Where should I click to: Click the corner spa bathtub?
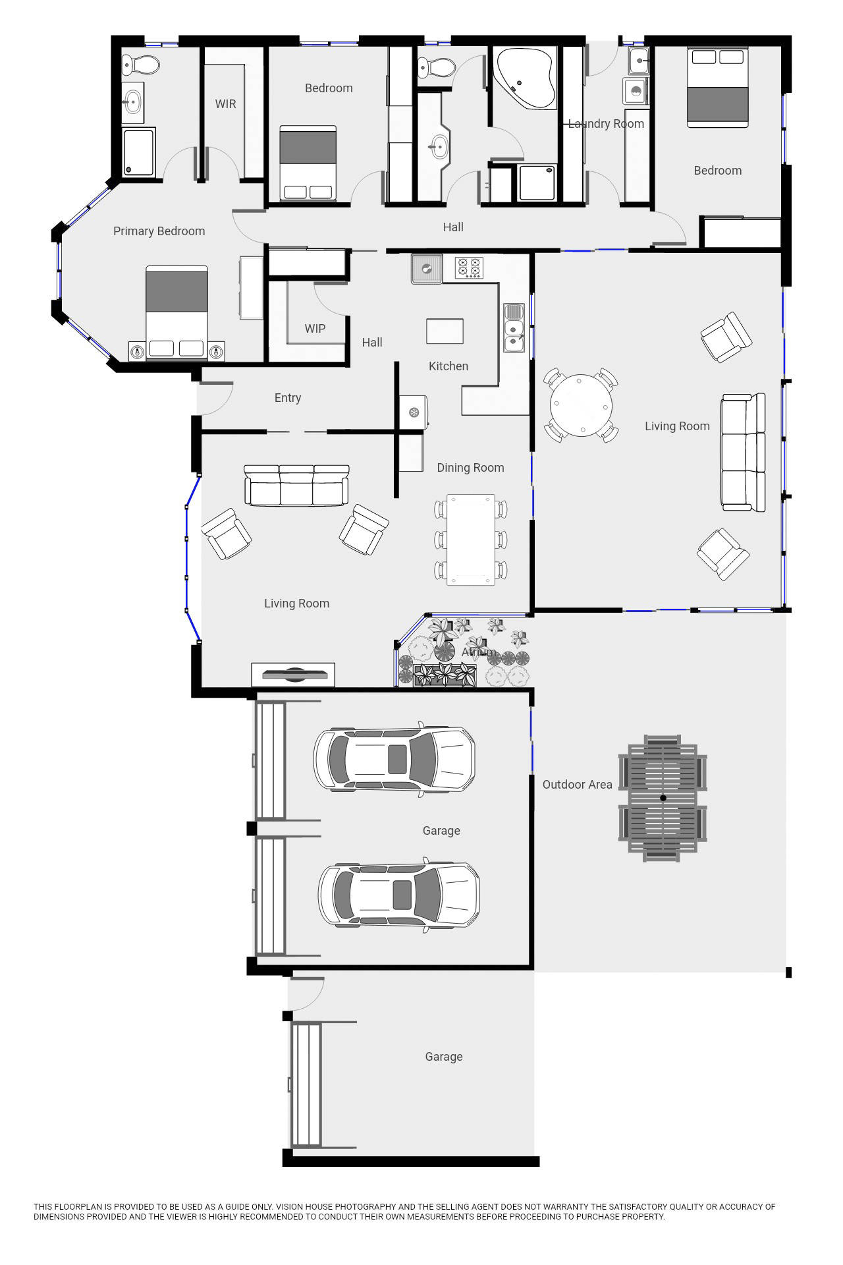click(x=524, y=77)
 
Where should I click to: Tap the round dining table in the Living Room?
click(x=581, y=405)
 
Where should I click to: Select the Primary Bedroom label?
click(x=159, y=231)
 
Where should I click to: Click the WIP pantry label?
click(x=315, y=329)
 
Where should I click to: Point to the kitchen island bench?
click(x=445, y=331)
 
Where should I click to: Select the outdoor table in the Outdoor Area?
click(x=663, y=798)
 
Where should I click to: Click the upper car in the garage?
click(x=394, y=759)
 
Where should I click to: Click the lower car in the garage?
click(x=399, y=895)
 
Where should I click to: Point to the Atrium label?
click(x=478, y=652)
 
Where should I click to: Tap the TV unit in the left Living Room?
click(x=293, y=675)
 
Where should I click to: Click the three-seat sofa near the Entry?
click(x=296, y=486)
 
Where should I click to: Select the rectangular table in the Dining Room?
click(x=471, y=540)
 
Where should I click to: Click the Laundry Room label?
click(x=606, y=124)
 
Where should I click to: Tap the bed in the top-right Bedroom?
click(x=717, y=88)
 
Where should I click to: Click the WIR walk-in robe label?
click(x=225, y=104)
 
